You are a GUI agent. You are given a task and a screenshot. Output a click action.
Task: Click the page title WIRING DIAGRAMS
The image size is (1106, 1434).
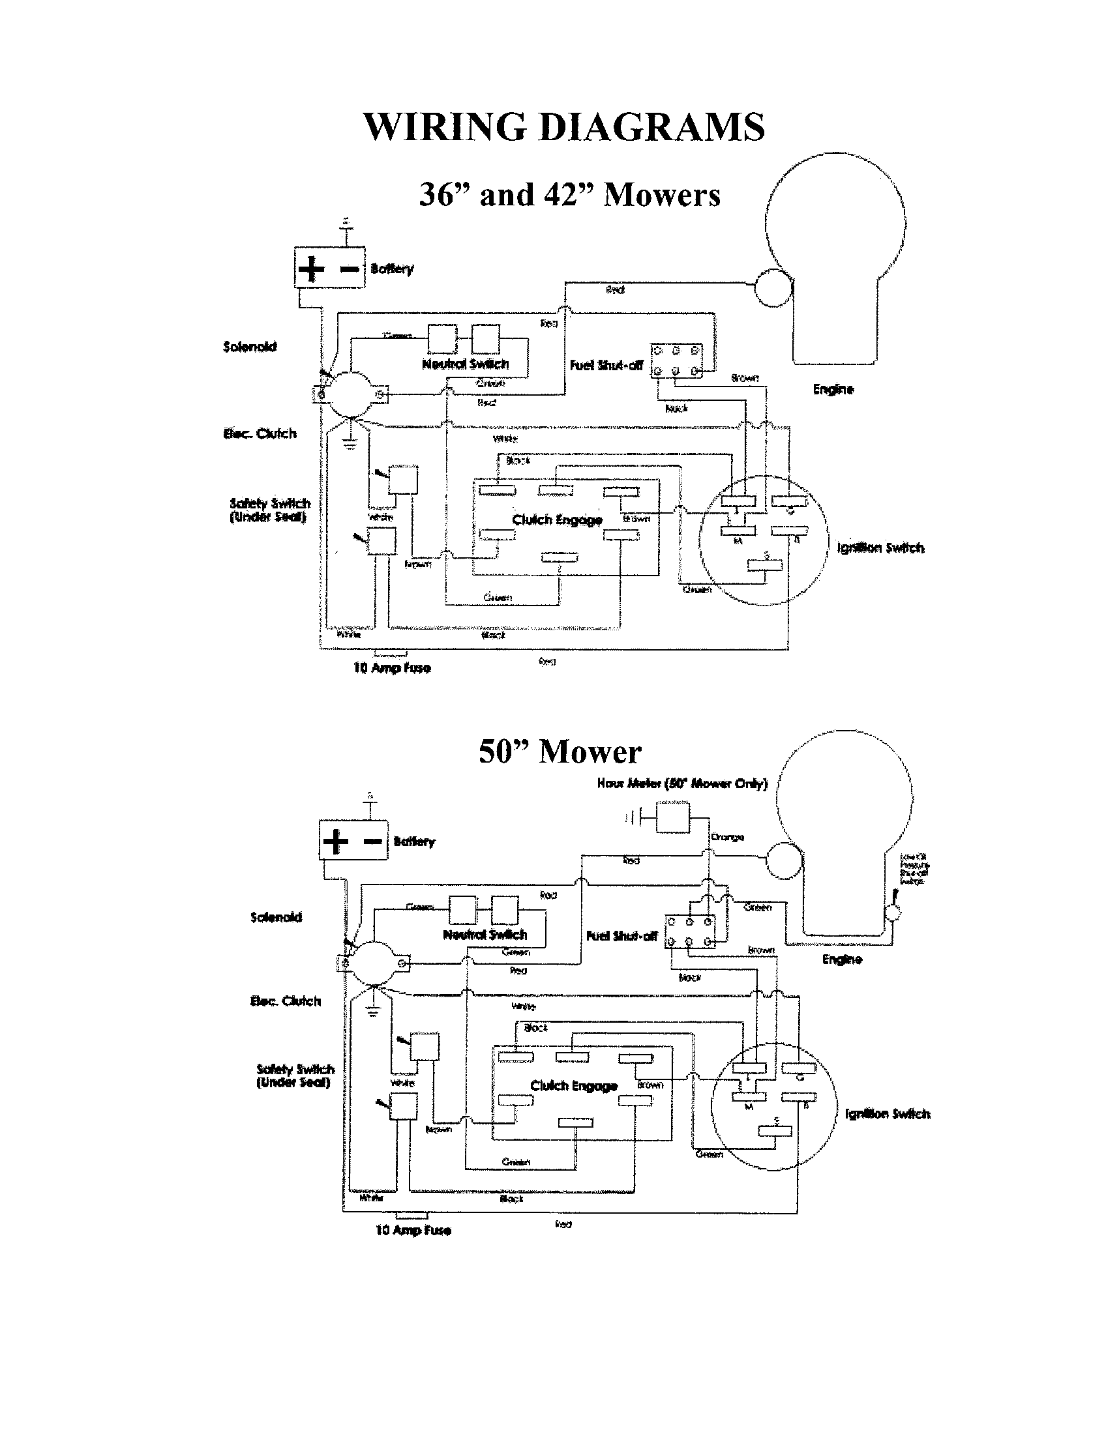point(563,126)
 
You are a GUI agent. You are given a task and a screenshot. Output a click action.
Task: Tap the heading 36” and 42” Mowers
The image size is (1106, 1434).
point(569,195)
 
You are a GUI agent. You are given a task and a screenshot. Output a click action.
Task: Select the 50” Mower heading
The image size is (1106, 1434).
point(560,752)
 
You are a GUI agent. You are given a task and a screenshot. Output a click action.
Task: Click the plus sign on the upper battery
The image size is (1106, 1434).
point(311,269)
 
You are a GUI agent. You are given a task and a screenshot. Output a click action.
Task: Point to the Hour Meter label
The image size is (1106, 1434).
point(681,783)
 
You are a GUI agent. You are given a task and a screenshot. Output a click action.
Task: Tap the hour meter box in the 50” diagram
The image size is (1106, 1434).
point(672,818)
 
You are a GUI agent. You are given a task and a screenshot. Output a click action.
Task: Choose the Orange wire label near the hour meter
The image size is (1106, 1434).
point(727,837)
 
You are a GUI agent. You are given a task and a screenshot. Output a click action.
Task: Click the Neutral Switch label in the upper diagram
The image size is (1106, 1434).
point(465,364)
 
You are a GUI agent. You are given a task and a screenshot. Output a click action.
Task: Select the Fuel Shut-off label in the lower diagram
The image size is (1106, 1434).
point(621,936)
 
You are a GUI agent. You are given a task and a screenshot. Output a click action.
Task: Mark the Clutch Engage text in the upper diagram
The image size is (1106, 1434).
point(557,520)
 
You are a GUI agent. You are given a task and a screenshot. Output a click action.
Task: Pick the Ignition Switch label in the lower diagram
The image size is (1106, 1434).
point(888,1113)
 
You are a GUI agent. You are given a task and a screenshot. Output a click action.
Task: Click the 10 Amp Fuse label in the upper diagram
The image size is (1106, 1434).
point(392,668)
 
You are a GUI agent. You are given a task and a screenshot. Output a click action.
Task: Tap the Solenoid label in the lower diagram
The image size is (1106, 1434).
point(276,916)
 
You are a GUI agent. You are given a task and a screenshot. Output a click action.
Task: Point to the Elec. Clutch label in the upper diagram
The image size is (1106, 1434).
point(260,433)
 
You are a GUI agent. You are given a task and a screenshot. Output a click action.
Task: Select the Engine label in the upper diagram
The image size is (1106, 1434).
point(833,389)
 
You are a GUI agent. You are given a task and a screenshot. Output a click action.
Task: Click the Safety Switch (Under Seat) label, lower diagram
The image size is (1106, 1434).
point(295,1075)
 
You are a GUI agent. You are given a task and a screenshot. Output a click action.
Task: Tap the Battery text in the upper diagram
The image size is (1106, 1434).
point(392,269)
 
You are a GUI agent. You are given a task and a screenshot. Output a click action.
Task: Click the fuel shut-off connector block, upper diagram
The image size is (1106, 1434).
point(676,361)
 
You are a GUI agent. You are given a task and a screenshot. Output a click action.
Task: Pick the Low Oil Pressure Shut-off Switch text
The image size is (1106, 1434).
point(914,869)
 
